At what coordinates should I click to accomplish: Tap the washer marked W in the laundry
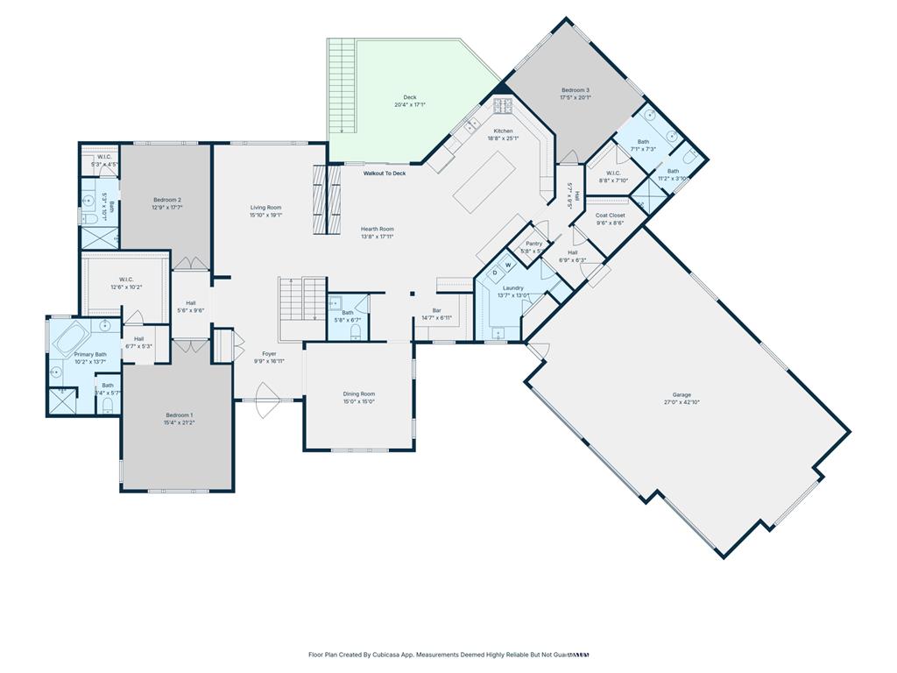click(x=507, y=266)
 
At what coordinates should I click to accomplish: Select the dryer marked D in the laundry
click(x=494, y=273)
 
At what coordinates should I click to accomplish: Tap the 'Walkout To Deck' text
click(x=385, y=174)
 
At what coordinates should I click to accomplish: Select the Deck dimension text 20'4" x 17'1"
click(x=409, y=105)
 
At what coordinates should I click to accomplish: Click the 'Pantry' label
click(x=533, y=244)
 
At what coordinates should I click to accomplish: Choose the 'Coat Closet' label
click(x=610, y=216)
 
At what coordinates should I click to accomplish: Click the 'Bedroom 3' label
click(x=575, y=90)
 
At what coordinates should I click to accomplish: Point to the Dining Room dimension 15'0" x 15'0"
click(x=358, y=401)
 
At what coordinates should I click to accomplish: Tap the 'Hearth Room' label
click(x=378, y=230)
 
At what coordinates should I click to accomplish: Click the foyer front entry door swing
click(x=261, y=405)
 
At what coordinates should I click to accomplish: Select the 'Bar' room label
click(x=435, y=310)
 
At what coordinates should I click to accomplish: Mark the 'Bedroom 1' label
click(x=179, y=414)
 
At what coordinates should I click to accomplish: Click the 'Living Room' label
click(x=265, y=208)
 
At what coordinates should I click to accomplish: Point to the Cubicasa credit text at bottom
click(x=448, y=655)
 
